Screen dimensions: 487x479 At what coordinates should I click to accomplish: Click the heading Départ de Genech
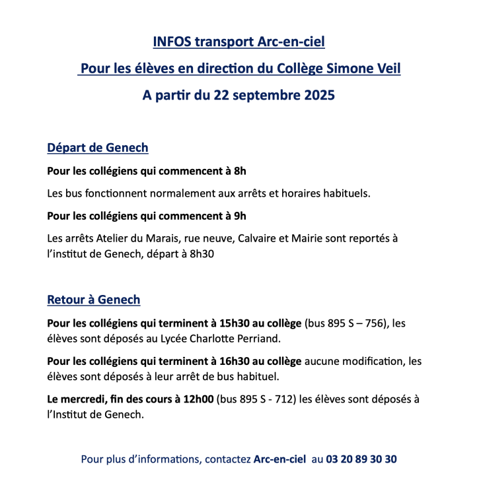tap(98, 148)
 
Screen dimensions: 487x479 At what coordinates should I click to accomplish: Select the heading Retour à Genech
tap(94, 300)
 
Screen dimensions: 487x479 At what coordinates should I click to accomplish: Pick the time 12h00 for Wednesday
tap(196, 399)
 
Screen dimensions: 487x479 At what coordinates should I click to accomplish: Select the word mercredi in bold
tap(85, 399)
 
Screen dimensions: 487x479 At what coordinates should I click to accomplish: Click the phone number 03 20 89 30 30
tap(362, 459)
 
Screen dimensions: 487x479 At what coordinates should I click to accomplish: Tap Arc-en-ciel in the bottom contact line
tap(279, 459)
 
